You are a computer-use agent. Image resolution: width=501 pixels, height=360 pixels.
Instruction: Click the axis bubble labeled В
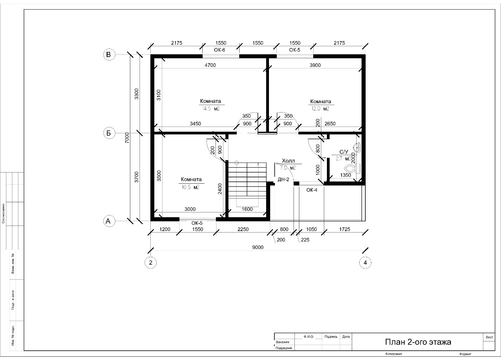[x=109, y=55]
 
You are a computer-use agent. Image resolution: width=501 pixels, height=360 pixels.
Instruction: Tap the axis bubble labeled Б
[x=109, y=133]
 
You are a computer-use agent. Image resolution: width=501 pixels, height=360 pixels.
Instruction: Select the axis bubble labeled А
[x=109, y=221]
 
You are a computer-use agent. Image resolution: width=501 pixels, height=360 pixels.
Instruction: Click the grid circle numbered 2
[x=150, y=262]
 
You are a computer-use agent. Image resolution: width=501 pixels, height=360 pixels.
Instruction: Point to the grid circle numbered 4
[x=365, y=262]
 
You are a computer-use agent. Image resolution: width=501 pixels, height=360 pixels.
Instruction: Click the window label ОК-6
[x=219, y=50]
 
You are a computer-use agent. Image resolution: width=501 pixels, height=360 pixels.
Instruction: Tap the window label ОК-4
[x=312, y=190]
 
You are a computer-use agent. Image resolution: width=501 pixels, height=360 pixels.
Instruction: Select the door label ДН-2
[x=283, y=179]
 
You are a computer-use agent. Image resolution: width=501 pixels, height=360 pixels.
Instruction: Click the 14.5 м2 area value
[x=211, y=109]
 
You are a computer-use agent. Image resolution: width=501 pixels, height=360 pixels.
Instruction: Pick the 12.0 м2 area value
[x=320, y=109]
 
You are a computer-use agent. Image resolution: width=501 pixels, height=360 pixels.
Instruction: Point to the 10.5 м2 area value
[x=190, y=187]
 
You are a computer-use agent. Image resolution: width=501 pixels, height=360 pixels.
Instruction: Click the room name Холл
[x=288, y=161]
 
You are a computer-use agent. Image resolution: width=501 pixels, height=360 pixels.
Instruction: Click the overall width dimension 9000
[x=258, y=247]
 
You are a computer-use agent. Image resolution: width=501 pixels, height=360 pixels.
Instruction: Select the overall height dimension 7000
[x=127, y=138]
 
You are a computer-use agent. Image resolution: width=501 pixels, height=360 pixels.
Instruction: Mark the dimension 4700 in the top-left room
[x=210, y=65]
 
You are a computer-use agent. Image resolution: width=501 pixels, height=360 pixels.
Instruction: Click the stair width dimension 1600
[x=247, y=209]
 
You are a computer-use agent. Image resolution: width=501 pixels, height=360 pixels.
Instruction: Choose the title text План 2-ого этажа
[x=418, y=342]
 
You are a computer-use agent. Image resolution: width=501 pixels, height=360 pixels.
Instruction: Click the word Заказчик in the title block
[x=282, y=342]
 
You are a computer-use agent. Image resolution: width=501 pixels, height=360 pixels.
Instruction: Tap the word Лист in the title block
[x=489, y=337]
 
